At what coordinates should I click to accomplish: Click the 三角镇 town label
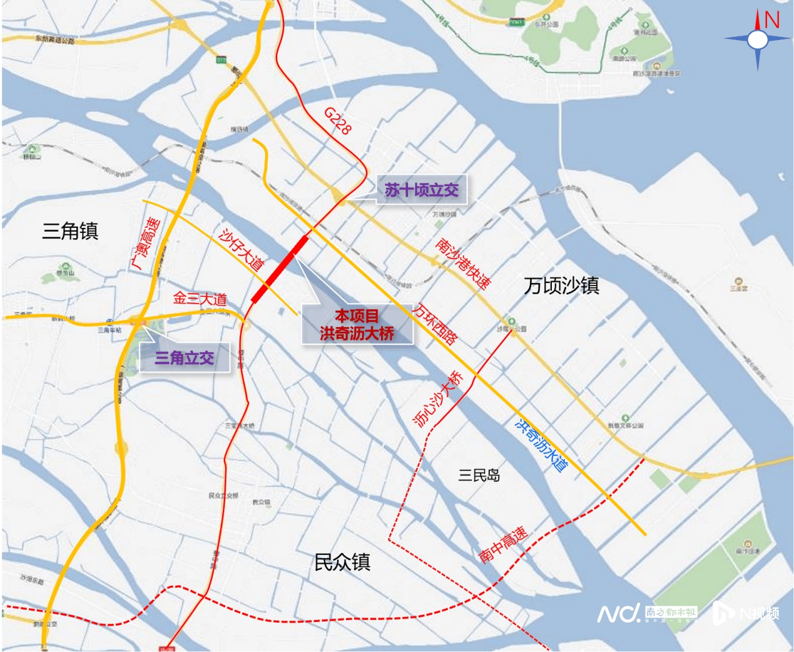(70, 231)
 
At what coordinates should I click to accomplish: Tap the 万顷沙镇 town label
(561, 286)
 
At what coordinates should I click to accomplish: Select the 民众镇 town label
(342, 562)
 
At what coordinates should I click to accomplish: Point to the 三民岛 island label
(479, 475)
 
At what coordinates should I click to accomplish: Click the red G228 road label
(338, 121)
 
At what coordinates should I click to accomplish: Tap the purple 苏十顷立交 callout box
(421, 190)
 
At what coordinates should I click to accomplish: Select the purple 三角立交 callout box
(185, 358)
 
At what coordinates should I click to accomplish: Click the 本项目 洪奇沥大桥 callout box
(357, 324)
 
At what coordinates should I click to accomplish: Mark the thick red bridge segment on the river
(280, 269)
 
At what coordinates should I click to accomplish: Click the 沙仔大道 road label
(242, 249)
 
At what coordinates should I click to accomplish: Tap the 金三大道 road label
(200, 299)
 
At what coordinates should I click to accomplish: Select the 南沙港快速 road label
(463, 263)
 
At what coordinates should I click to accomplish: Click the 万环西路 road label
(434, 324)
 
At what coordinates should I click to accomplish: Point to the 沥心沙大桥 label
(439, 399)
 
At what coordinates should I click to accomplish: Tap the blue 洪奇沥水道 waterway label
(541, 444)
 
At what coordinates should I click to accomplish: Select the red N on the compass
(772, 20)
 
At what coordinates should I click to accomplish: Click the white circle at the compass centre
(758, 39)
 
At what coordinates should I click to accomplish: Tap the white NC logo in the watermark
(618, 613)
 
